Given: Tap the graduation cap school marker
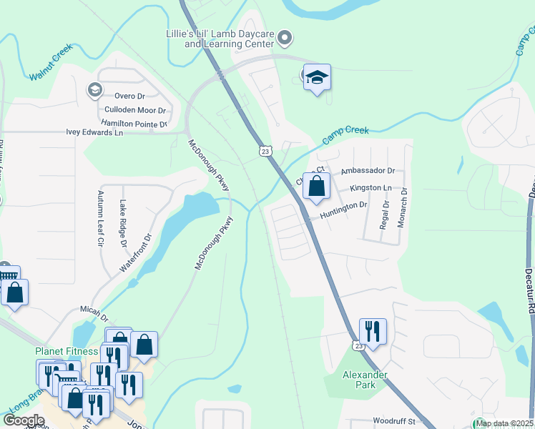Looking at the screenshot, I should coord(317,78).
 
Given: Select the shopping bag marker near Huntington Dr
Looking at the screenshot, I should coord(315,187).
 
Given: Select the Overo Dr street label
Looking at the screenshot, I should coord(129,96).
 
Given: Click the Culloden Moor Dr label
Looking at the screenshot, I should coord(135,110).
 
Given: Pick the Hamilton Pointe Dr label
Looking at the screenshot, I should coord(134,124).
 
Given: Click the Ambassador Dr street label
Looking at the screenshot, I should coord(368,171).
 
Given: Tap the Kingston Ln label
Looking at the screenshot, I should coord(370,188).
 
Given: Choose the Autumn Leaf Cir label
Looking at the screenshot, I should coord(101,218).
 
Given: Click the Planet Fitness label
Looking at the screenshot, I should coord(67,351).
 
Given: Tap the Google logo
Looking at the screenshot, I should coord(24,420).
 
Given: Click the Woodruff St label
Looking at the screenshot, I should coord(393,421).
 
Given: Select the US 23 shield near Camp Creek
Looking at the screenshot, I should coord(265,151).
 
